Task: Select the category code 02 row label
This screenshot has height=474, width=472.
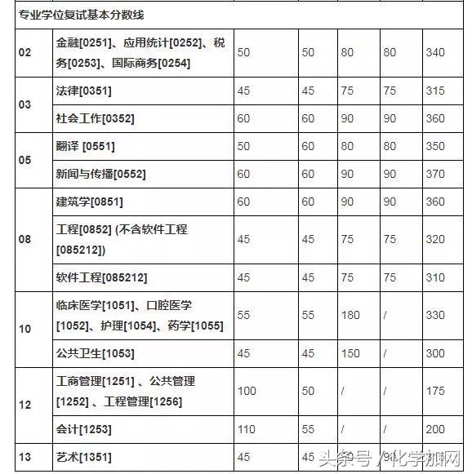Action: coord(24,53)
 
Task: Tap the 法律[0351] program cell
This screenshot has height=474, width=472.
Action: coord(84,91)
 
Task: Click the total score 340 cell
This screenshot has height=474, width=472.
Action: coord(435,53)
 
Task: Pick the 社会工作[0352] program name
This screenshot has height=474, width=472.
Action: coord(95,118)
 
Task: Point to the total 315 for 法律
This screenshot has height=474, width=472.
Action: coord(435,91)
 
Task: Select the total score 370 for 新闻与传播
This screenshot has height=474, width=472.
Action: coord(435,174)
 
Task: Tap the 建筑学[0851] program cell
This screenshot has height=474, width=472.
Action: coord(89,202)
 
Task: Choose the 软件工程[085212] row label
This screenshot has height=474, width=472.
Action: coord(101,277)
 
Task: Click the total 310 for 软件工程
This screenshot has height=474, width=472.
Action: coord(435,277)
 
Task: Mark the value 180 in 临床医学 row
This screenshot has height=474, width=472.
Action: coord(350,315)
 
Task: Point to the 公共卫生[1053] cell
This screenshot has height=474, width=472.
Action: coord(95,353)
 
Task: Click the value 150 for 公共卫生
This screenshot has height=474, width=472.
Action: coord(350,353)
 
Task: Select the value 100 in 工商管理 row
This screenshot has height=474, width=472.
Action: coord(246,391)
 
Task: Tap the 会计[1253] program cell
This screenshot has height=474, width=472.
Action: coord(83,428)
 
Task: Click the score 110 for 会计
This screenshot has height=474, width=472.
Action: coord(246,428)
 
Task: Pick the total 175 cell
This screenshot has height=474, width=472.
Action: coord(435,391)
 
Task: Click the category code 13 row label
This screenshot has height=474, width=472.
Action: coord(24,457)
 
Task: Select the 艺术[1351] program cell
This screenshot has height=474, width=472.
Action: coord(83,457)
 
